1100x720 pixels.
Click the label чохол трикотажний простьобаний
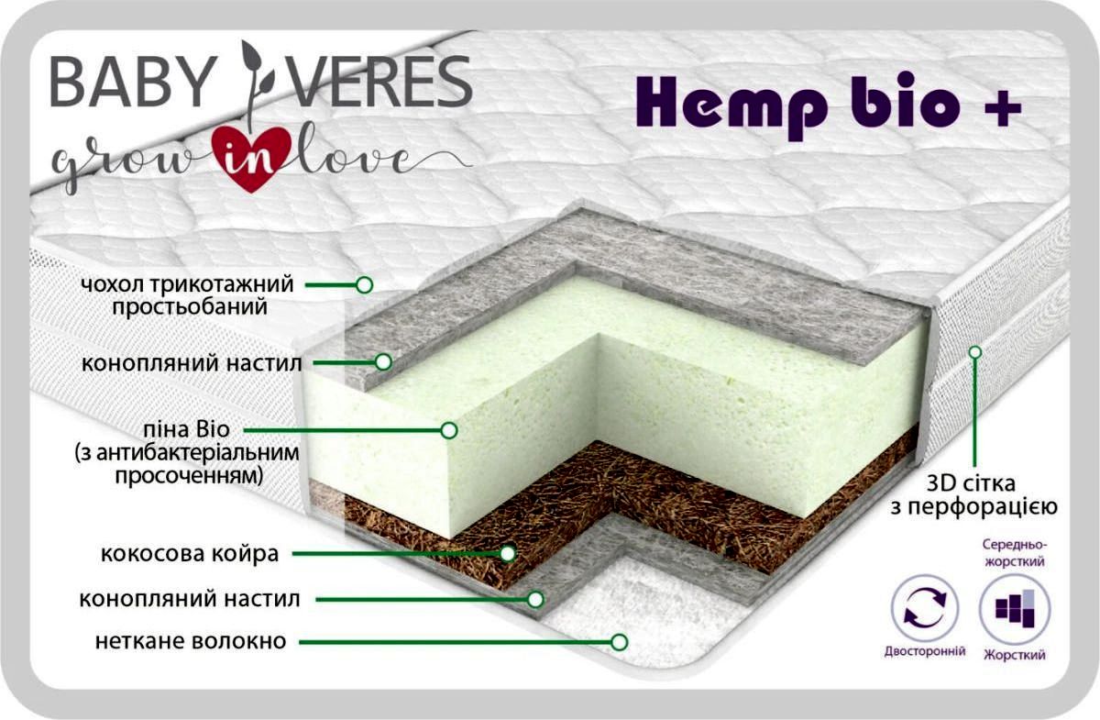(188, 295)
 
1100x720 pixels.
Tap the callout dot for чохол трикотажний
(364, 284)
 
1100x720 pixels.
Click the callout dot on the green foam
(449, 428)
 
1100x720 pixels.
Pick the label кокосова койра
(191, 554)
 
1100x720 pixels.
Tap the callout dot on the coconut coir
(507, 553)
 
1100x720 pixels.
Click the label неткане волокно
(191, 640)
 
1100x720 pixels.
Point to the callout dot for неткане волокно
(621, 640)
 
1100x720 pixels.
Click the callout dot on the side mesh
(975, 351)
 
